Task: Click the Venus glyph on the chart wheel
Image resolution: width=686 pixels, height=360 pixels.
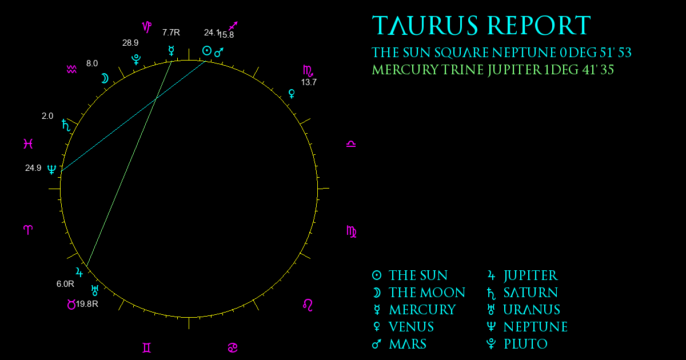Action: (x=292, y=94)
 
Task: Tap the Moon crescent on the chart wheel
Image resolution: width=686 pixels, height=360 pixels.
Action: (x=105, y=79)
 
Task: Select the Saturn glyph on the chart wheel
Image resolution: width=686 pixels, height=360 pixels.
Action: (x=66, y=125)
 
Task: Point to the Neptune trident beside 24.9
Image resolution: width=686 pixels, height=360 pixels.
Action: (x=52, y=169)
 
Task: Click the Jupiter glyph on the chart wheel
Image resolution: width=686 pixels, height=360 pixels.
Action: (x=79, y=272)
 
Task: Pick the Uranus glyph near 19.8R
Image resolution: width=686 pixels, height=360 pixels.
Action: (x=95, y=290)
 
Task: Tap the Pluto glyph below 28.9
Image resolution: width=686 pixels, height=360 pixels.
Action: (x=136, y=59)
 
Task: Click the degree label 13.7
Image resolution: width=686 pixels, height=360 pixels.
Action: (x=309, y=82)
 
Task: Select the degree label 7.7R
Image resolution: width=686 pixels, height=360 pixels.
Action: (x=171, y=33)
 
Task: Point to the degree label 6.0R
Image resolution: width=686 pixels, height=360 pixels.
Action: (x=65, y=284)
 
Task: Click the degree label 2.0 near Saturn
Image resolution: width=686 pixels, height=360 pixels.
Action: (x=47, y=116)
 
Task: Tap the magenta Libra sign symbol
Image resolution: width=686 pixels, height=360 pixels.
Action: (x=351, y=144)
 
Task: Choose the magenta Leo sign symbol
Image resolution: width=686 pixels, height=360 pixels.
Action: (x=308, y=305)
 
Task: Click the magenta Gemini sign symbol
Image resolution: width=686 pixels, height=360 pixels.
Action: (x=147, y=348)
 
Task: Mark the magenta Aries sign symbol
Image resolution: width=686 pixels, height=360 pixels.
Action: (x=28, y=230)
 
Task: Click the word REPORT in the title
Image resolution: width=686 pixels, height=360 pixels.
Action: (x=539, y=26)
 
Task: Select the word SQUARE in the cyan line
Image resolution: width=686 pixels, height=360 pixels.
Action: (x=461, y=53)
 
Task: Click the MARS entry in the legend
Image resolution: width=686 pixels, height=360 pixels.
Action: (x=408, y=344)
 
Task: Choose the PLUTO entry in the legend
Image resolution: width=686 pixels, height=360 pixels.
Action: (x=525, y=344)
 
